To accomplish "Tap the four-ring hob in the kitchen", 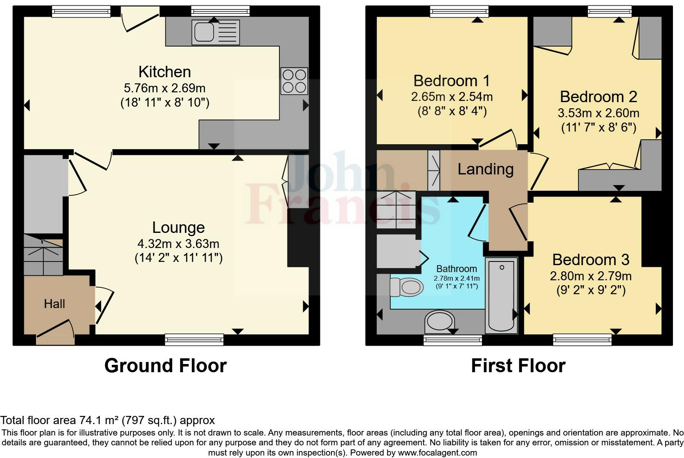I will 294,81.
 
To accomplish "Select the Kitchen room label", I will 164,72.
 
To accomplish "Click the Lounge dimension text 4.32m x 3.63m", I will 178,244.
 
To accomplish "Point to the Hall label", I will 54,304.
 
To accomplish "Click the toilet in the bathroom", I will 406,287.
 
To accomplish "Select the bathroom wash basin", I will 440,322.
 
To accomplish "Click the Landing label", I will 485,169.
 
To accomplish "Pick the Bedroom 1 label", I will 451,81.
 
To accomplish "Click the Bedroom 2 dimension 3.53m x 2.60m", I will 598,113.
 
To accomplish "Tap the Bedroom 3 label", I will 590,259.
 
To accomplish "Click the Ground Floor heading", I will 165,365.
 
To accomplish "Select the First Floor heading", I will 518,365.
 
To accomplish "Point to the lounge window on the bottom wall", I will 194,340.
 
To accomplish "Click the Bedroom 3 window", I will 582,340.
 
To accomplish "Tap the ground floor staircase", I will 43,255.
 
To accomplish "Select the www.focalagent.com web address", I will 437,453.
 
